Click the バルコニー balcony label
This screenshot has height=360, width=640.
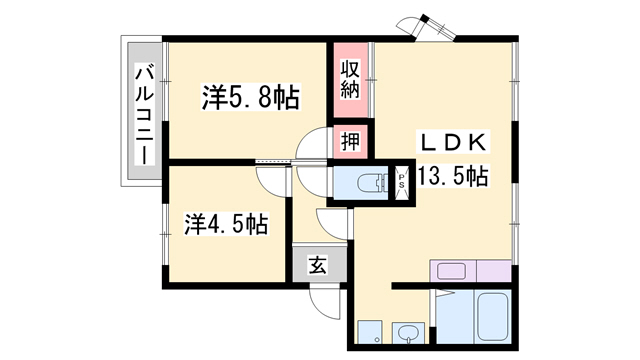pos(143,112)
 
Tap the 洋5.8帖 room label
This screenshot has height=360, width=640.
pos(251,97)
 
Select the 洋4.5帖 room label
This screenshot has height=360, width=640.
pos(226,223)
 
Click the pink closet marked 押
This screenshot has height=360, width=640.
pos(349,139)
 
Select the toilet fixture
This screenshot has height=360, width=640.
pos(372,182)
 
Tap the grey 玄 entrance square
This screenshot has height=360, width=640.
pos(317,266)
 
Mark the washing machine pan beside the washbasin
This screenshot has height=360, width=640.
pos(369,332)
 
